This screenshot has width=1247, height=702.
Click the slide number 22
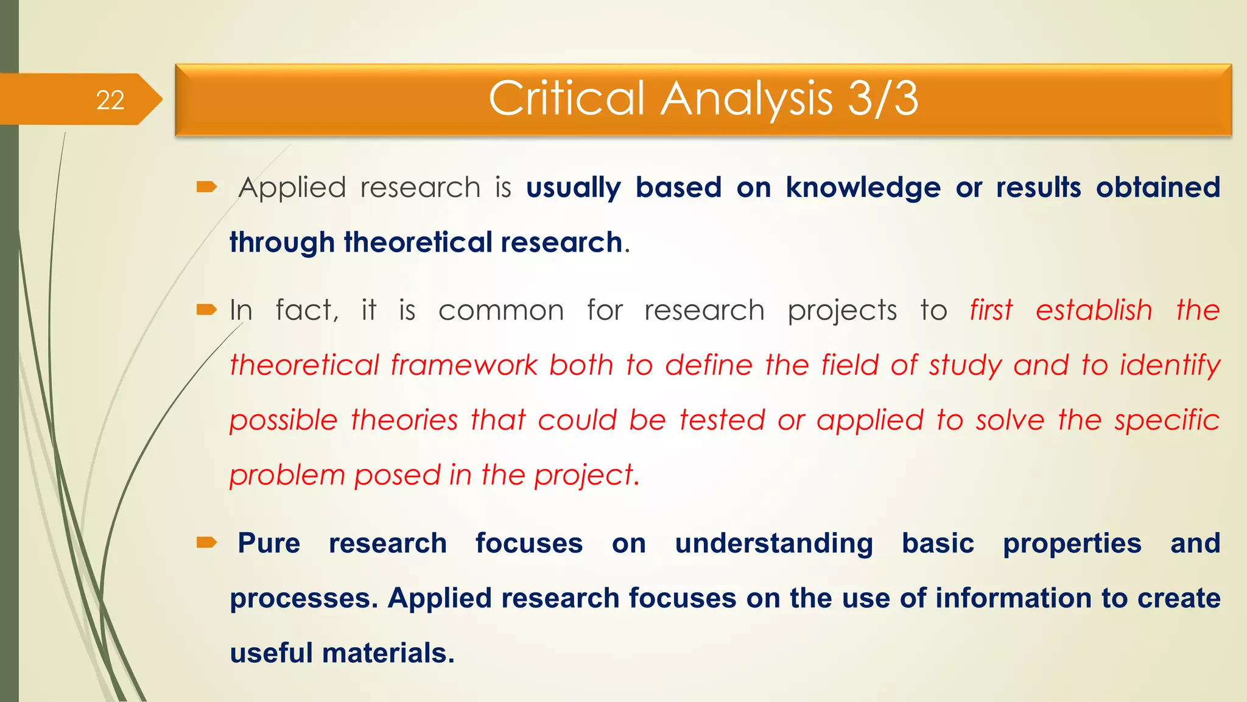coord(110,100)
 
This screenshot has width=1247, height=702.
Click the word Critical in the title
coord(566,98)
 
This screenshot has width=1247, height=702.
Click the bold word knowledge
coord(863,188)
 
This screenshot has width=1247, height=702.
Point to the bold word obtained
coord(1158,188)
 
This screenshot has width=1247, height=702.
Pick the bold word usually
coord(573,188)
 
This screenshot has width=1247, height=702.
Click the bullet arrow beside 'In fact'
coord(206,310)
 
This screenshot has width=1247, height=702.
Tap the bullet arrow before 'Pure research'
coord(206,542)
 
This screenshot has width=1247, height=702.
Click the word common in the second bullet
coord(501,311)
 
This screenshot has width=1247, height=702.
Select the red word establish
coord(1094,310)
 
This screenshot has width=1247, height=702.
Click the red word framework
coord(464,366)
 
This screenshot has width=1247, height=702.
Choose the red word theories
coord(404,420)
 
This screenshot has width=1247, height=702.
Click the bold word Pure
coord(269,543)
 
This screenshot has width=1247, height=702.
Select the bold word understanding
coord(774,544)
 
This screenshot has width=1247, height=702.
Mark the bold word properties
coord(1072,544)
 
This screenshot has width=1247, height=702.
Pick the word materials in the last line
coord(388,653)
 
